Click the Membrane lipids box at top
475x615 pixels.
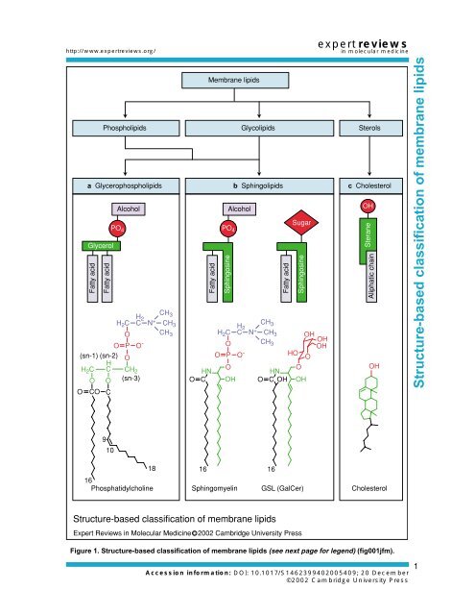point(233,83)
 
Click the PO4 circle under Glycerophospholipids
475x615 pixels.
point(117,229)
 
